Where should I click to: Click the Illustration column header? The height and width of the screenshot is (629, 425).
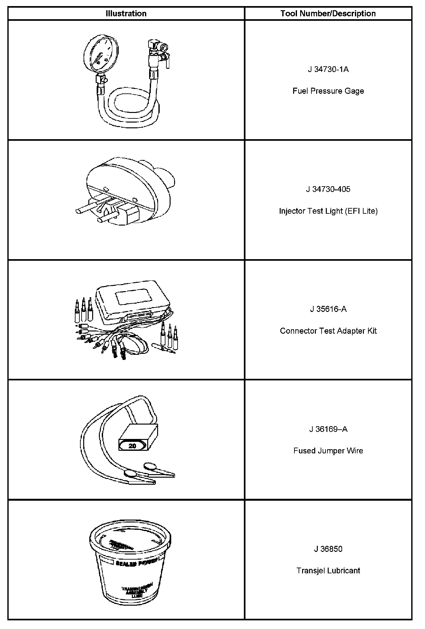(126, 13)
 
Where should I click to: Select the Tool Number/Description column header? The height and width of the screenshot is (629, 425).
(328, 13)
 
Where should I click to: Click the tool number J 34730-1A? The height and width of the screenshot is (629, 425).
(328, 69)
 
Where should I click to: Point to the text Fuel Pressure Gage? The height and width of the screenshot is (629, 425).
(328, 91)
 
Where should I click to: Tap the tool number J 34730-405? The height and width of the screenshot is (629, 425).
(328, 189)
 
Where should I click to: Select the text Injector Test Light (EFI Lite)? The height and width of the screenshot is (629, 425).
(328, 211)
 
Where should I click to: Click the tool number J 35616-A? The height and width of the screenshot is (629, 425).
(328, 309)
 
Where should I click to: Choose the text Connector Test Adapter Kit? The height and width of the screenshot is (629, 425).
(328, 331)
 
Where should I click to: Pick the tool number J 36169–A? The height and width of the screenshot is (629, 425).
(328, 429)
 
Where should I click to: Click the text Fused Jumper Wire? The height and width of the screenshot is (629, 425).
(328, 451)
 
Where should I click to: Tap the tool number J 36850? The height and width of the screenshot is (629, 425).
(328, 549)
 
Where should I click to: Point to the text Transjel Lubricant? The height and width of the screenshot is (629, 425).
(328, 570)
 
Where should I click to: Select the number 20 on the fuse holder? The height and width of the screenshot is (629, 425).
(132, 446)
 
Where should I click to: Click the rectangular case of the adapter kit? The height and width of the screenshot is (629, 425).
(133, 301)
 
